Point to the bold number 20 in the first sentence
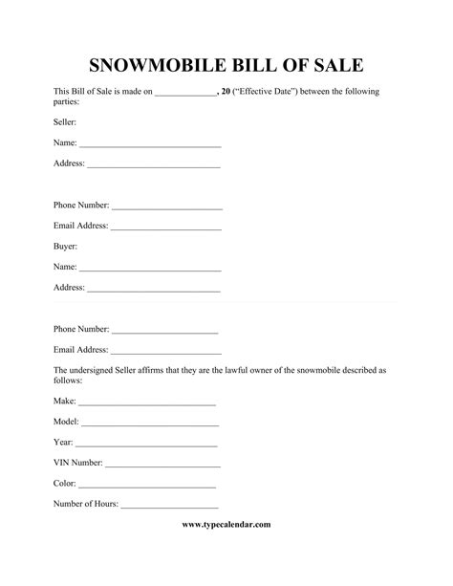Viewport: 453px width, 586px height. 226,92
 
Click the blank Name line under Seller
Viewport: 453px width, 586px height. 150,144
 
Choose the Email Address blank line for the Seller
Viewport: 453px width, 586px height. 166,228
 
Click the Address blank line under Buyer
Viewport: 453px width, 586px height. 154,290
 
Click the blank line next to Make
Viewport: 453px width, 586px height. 147,405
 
